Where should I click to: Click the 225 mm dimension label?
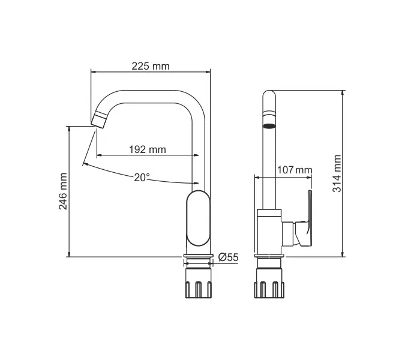(x=151, y=66)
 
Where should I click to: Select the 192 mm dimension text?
(x=148, y=149)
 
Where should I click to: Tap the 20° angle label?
(x=142, y=177)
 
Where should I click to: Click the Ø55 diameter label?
(x=229, y=257)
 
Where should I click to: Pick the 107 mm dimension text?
(x=295, y=170)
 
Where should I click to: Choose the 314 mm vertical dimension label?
(x=337, y=173)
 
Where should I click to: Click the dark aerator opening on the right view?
(x=269, y=127)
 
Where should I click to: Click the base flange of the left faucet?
(x=199, y=260)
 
